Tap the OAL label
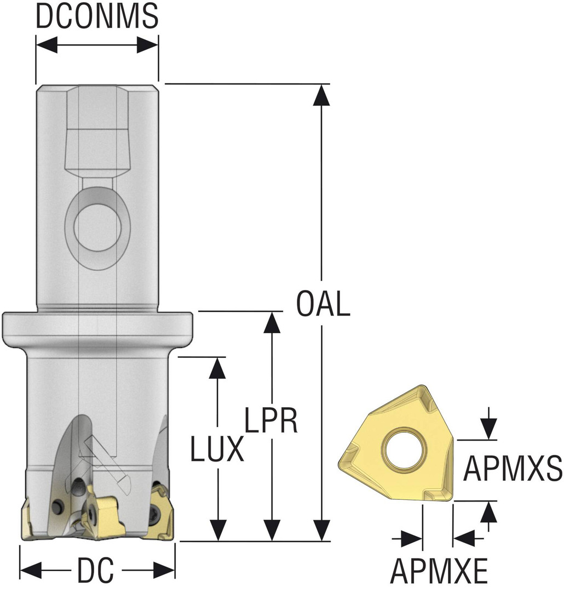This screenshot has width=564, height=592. tap(322, 304)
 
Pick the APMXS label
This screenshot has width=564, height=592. tap(513, 469)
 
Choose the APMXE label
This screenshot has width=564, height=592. tap(439, 572)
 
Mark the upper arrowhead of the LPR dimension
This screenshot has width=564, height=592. tap(269, 322)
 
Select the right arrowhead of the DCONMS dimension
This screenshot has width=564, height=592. tap(148, 45)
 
